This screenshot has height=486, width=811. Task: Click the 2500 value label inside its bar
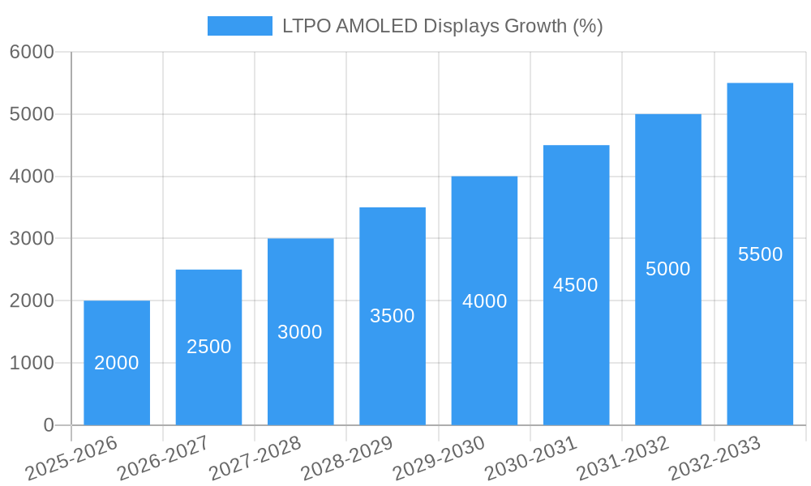[209, 347]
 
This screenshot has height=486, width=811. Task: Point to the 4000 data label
[485, 301]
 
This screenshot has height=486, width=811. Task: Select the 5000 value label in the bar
[668, 269]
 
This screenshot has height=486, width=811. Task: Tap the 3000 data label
[300, 332]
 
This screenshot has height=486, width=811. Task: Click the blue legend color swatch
[239, 26]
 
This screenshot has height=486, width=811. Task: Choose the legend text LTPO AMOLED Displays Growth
[442, 26]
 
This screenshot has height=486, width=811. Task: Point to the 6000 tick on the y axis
[32, 52]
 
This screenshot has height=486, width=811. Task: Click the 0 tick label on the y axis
[48, 425]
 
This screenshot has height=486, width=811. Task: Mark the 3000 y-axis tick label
[32, 239]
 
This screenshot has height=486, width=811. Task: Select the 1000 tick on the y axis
[32, 363]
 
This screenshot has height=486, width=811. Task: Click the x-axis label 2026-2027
[163, 458]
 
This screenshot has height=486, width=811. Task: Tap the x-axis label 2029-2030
[439, 458]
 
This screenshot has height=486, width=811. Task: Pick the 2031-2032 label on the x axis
[623, 458]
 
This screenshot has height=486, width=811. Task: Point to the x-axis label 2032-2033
[714, 458]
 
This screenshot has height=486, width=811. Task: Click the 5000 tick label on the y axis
[32, 114]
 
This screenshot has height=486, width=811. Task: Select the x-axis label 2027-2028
[255, 458]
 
